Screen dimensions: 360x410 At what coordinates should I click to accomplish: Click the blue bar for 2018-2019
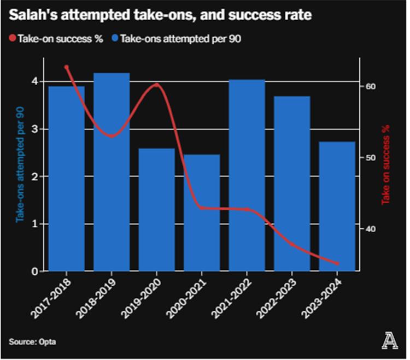(112, 172)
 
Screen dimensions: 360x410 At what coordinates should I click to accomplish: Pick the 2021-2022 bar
(247, 175)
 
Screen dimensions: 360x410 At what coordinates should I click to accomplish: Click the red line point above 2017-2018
(67, 67)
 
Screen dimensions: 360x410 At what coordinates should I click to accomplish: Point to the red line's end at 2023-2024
(337, 263)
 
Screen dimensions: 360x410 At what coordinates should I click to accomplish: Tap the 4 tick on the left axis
(34, 81)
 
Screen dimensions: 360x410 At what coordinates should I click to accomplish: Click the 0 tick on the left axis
(34, 271)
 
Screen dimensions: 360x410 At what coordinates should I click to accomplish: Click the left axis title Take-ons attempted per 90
(20, 164)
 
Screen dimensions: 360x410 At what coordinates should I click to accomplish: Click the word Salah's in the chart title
(31, 15)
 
